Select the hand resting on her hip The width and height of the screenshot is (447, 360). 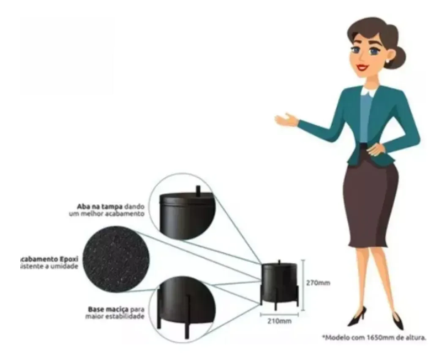tap(375, 149)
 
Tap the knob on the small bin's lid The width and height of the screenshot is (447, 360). tap(279, 262)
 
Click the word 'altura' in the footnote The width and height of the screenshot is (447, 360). tap(416, 338)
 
